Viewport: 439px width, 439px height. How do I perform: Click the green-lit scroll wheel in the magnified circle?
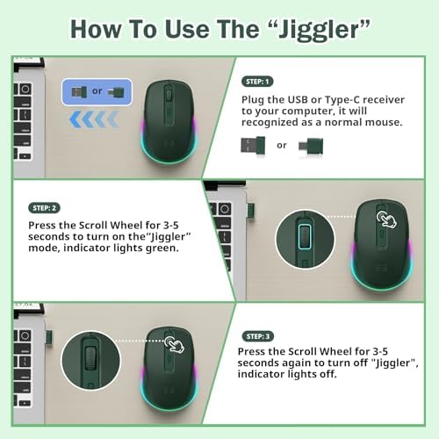pos(304,241)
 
